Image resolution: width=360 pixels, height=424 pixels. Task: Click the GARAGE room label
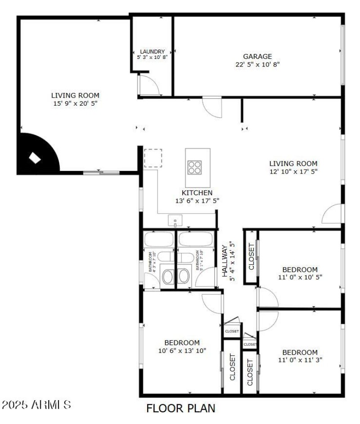pyautogui.click(x=257, y=57)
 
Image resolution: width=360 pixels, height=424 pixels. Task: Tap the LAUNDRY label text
pyautogui.click(x=152, y=52)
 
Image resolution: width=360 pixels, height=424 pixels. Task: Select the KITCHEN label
pyautogui.click(x=197, y=193)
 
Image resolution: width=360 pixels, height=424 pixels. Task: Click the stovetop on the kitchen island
pyautogui.click(x=195, y=167)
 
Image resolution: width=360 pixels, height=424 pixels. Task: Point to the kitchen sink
pyautogui.click(x=175, y=220)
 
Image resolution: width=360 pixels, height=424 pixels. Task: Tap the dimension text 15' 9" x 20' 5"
pyautogui.click(x=75, y=103)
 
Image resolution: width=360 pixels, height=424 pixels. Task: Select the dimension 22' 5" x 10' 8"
pyautogui.click(x=257, y=64)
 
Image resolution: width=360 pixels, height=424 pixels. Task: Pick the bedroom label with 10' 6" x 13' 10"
pyautogui.click(x=182, y=343)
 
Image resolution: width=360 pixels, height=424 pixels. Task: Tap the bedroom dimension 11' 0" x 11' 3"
pyautogui.click(x=300, y=360)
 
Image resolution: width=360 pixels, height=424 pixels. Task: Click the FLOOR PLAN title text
pyautogui.click(x=181, y=408)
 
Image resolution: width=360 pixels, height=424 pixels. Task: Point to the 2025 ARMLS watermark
pyautogui.click(x=36, y=404)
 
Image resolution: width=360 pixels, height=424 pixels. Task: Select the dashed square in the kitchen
pyautogui.click(x=153, y=158)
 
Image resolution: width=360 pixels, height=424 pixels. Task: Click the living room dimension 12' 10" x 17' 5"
pyautogui.click(x=293, y=172)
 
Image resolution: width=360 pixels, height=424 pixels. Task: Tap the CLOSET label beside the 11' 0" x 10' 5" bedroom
pyautogui.click(x=251, y=257)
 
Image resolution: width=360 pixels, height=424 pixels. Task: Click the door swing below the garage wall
pyautogui.click(x=211, y=107)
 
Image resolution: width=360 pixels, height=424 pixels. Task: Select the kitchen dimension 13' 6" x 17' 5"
pyautogui.click(x=197, y=201)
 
